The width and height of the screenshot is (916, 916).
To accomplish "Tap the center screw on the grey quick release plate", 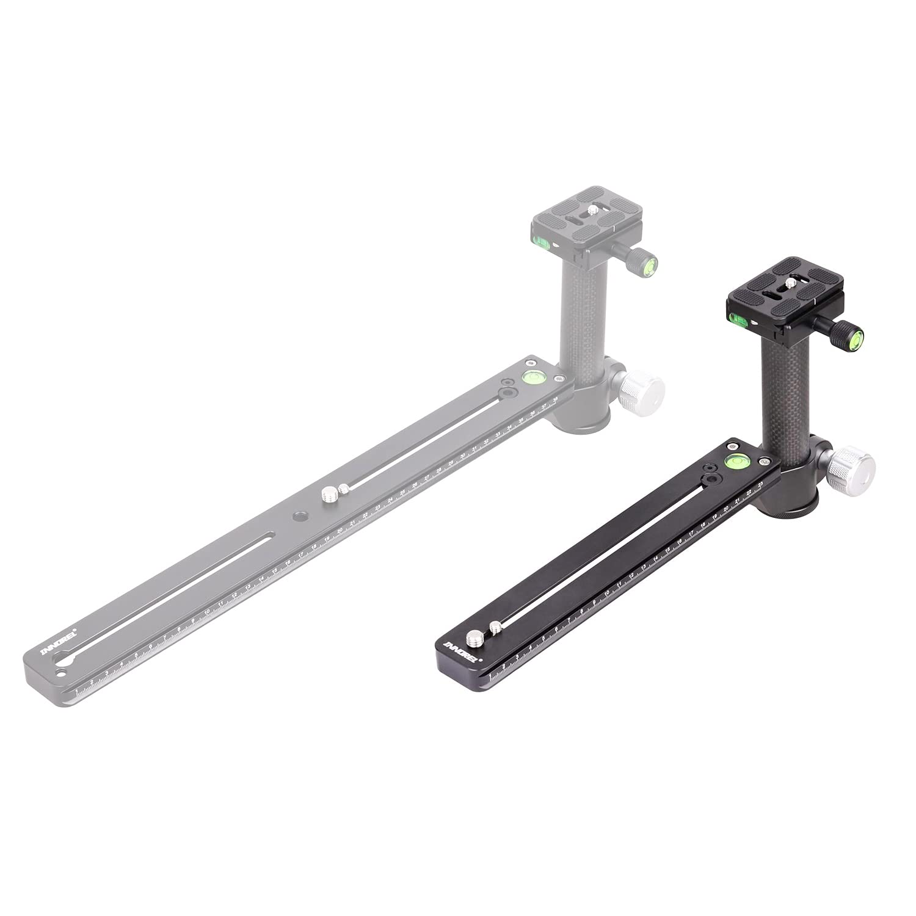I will click(593, 211).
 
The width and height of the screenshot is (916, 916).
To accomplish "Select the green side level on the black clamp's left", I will click(736, 317).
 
